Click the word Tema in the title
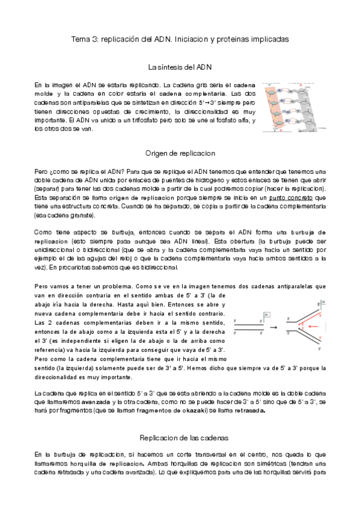click(x=81, y=38)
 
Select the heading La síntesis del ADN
click(x=180, y=67)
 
